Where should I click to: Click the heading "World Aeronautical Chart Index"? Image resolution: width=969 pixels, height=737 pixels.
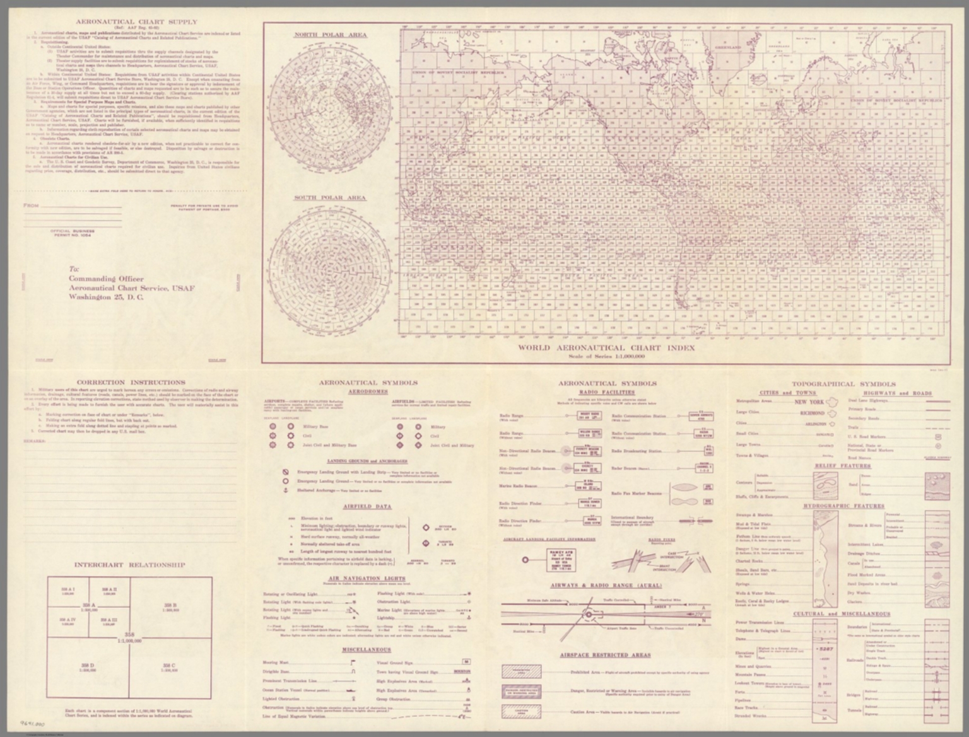pyautogui.click(x=606, y=348)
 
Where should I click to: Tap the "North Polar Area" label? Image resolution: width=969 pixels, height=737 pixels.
pyautogui.click(x=331, y=35)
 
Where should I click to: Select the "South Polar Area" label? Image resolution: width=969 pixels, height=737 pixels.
pyautogui.click(x=330, y=198)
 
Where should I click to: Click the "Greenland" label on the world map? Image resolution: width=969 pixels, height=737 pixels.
pyautogui.click(x=728, y=47)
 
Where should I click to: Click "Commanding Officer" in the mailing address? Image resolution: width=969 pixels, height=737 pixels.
pyautogui.click(x=107, y=279)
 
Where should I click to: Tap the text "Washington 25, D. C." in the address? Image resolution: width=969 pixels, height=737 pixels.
pyautogui.click(x=106, y=297)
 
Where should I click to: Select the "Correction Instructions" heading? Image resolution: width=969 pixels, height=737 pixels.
pyautogui.click(x=131, y=383)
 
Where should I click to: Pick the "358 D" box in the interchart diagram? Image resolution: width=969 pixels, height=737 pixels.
pyautogui.click(x=88, y=667)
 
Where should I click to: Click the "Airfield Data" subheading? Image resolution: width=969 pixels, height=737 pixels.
pyautogui.click(x=367, y=506)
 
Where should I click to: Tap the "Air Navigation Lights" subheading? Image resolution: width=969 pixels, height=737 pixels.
pyautogui.click(x=367, y=578)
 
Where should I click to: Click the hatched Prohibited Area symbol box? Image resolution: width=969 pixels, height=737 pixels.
pyautogui.click(x=521, y=671)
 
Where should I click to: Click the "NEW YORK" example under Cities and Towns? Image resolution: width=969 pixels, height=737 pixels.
pyautogui.click(x=809, y=402)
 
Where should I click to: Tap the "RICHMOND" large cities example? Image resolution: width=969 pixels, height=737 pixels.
pyautogui.click(x=812, y=413)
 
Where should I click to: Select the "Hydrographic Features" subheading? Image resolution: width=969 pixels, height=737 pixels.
pyautogui.click(x=843, y=506)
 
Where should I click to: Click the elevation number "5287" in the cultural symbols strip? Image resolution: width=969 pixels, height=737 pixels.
pyautogui.click(x=825, y=647)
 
